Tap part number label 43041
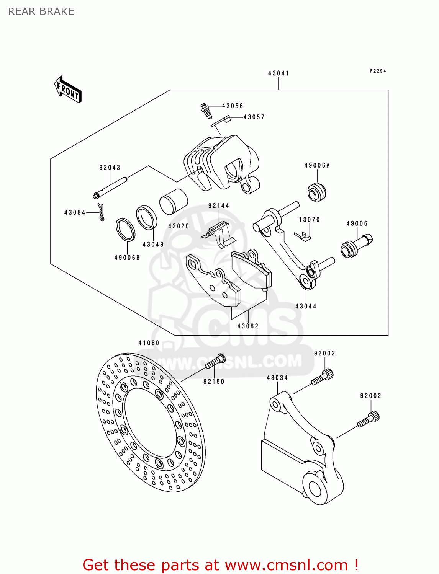pyautogui.click(x=278, y=73)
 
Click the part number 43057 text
pyautogui.click(x=254, y=117)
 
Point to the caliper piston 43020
pyautogui.click(x=173, y=202)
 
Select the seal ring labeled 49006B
pyautogui.click(x=126, y=229)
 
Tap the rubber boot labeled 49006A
pyautogui.click(x=317, y=192)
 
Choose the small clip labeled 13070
pyautogui.click(x=303, y=236)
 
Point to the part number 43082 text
pyautogui.click(x=248, y=326)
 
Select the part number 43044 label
pyautogui.click(x=306, y=306)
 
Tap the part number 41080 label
pyautogui.click(x=149, y=343)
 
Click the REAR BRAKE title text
pyautogui.click(x=41, y=11)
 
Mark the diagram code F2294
pyautogui.click(x=378, y=71)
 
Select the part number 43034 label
pyautogui.click(x=277, y=378)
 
